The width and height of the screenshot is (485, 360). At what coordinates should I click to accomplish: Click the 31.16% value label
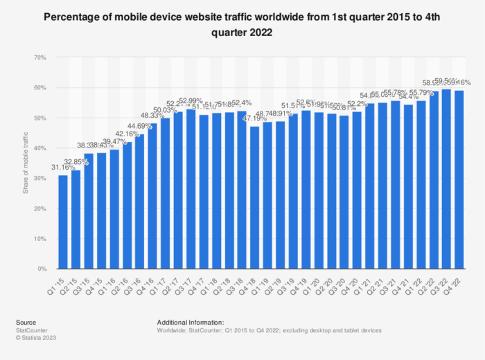click(63, 169)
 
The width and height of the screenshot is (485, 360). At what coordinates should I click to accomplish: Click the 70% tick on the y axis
click(41, 57)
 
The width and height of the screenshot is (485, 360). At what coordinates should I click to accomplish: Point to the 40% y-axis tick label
click(41, 148)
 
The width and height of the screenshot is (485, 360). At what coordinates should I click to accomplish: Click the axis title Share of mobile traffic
click(26, 163)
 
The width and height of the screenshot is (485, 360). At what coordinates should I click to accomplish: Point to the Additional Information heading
click(191, 322)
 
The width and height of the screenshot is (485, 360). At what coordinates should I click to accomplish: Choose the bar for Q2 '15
click(76, 219)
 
